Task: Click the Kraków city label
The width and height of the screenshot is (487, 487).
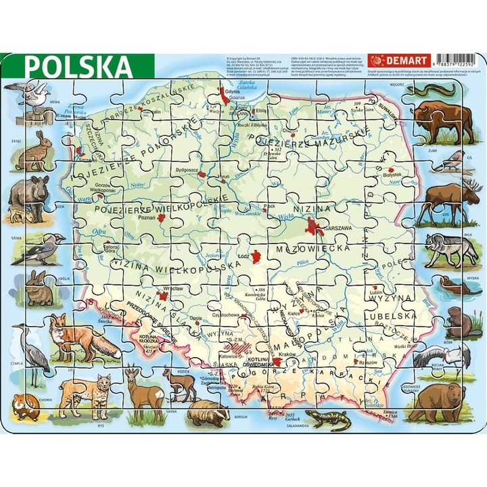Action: [285, 356]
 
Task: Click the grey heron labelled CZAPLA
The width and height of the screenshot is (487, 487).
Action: [31, 351]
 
